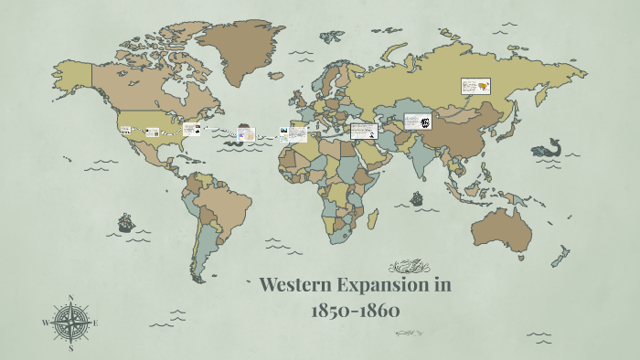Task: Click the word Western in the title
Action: (x=299, y=284)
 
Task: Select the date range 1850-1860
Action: (x=355, y=310)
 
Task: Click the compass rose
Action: (x=70, y=322)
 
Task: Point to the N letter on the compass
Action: (x=70, y=298)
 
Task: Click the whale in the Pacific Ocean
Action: (x=547, y=148)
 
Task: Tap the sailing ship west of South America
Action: (x=125, y=222)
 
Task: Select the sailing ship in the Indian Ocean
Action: (x=417, y=197)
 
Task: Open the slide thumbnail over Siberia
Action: (x=475, y=87)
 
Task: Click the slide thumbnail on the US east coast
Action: (x=191, y=130)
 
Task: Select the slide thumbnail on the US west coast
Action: (x=126, y=132)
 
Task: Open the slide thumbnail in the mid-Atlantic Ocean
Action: (x=245, y=134)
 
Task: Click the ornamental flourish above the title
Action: (x=409, y=267)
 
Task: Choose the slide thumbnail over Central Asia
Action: (x=417, y=122)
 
